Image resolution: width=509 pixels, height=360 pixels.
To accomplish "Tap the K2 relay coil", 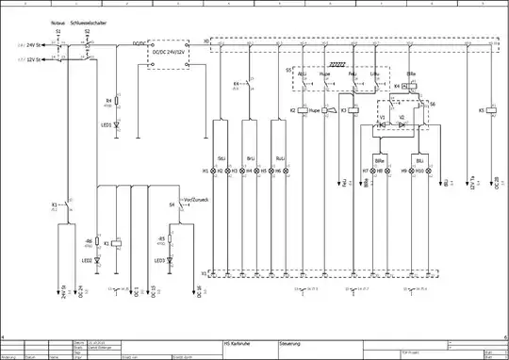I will tap(305, 110).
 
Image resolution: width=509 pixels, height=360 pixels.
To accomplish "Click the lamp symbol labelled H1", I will tap(212, 170).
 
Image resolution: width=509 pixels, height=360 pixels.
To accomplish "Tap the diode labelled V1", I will tap(382, 123).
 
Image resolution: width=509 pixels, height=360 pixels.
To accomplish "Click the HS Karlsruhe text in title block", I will tap(238, 344).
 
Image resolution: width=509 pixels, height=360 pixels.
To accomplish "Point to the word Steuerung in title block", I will tap(289, 344).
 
